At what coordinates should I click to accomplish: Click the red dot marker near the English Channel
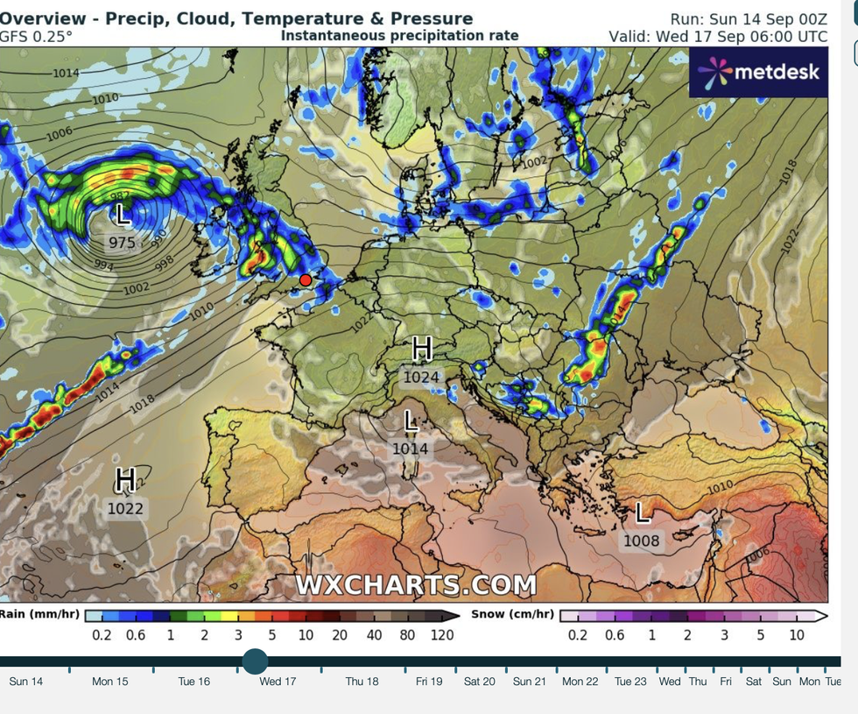click(x=306, y=279)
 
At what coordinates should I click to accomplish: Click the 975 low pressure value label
click(x=122, y=243)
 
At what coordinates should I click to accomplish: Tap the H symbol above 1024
click(x=422, y=350)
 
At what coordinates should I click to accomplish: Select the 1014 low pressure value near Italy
click(x=410, y=449)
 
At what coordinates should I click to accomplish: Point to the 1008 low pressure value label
click(x=641, y=541)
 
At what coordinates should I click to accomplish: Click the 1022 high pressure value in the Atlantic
click(x=125, y=508)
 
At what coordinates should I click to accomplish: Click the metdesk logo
click(x=758, y=71)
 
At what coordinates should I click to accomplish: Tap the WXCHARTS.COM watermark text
click(x=416, y=584)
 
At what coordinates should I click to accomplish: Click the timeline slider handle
click(x=255, y=661)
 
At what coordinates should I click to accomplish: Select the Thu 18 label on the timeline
click(x=362, y=681)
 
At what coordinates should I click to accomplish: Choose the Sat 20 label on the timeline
click(x=479, y=681)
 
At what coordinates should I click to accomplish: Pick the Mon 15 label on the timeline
click(x=110, y=681)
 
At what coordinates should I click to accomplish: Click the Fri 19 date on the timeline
click(x=429, y=681)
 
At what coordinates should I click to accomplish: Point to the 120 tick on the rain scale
click(x=441, y=634)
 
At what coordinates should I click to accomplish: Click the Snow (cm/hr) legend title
click(x=512, y=614)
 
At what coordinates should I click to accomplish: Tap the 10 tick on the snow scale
click(x=797, y=634)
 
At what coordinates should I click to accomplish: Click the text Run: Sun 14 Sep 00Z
click(x=749, y=19)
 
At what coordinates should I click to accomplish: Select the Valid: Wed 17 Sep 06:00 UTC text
click(x=718, y=37)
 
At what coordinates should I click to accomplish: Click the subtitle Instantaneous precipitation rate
click(x=399, y=36)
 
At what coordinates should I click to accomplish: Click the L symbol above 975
click(x=123, y=214)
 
